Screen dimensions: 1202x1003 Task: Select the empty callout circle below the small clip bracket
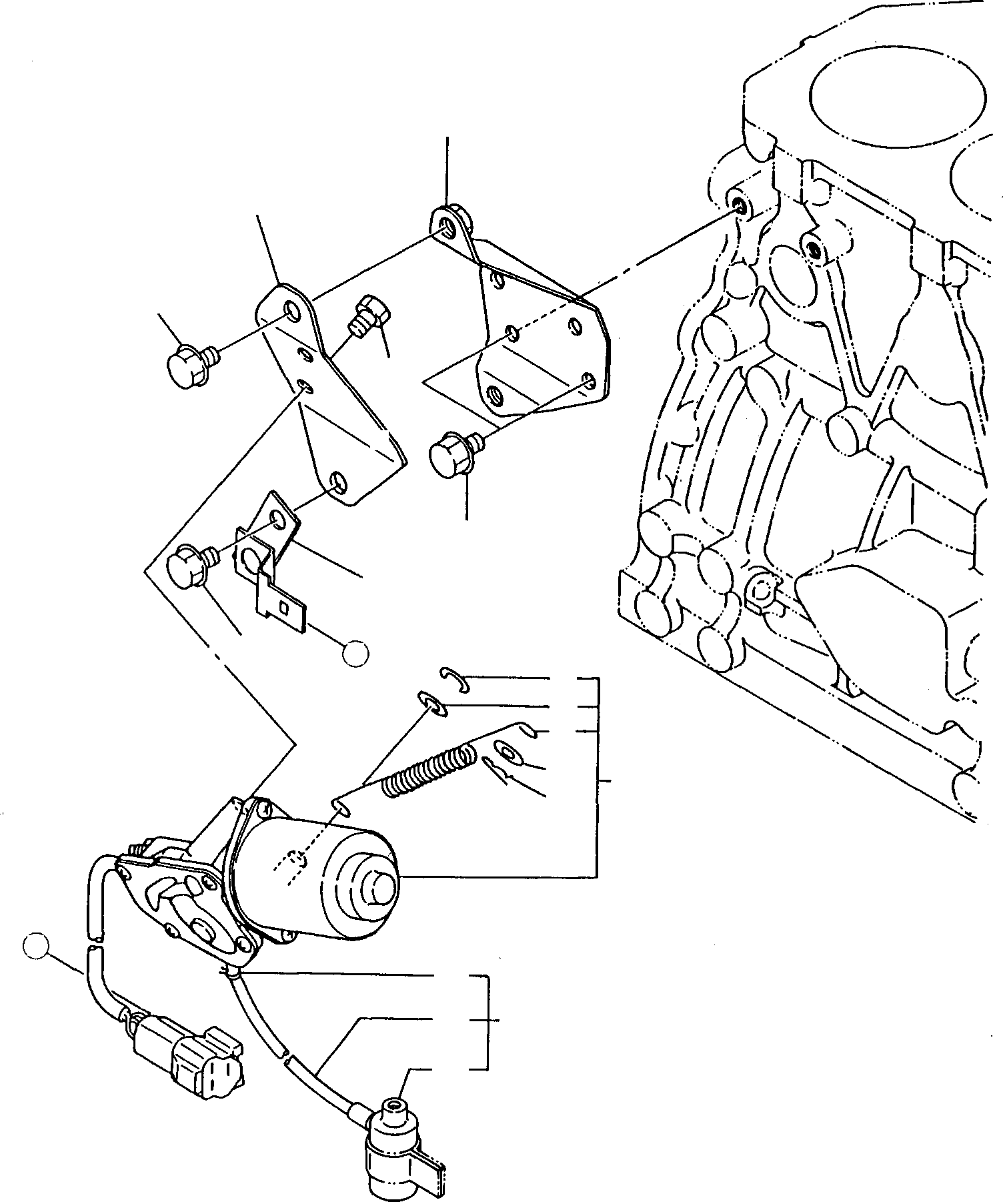coord(355,653)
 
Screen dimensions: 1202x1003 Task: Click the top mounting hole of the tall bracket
coord(292,310)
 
